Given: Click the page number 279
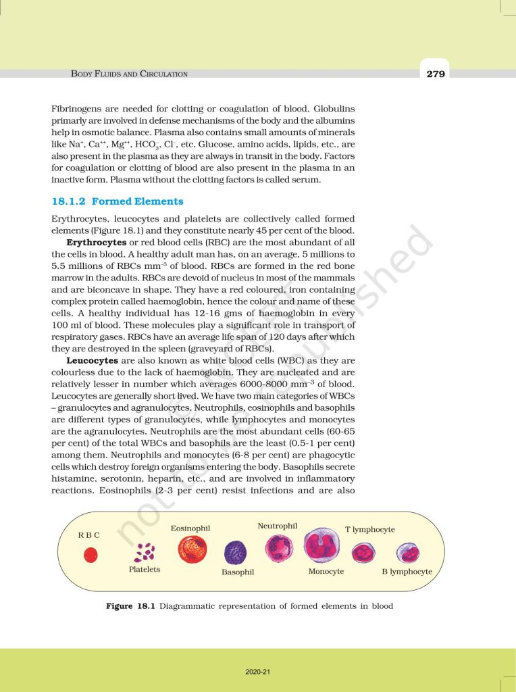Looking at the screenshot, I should coord(436,74).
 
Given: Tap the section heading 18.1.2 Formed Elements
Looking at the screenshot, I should coord(118,201).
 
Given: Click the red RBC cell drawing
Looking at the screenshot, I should coord(90,555).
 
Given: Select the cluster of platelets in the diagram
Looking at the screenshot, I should coord(145,552).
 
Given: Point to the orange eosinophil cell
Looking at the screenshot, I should coord(192,549).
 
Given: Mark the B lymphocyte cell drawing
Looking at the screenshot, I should coord(408,553).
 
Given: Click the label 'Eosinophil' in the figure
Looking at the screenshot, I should coord(190,528).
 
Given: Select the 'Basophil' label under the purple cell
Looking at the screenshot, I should coord(238,572).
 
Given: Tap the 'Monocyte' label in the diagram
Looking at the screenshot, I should coord(326,571).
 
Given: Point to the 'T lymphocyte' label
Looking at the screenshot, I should coord(370,529).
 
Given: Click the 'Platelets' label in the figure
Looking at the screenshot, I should coord(145,570).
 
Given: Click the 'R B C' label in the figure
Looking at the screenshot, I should coord(89,535).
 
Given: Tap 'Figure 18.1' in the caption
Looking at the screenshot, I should coord(130,606).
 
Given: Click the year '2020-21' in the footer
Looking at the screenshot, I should coord(258,672).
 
